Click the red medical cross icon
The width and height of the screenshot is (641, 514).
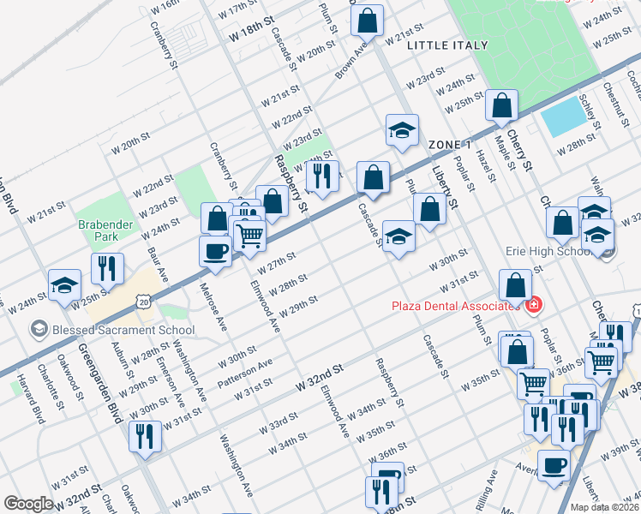click(533, 305)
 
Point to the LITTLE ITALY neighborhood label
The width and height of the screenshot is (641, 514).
click(447, 45)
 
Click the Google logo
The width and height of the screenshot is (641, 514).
click(27, 503)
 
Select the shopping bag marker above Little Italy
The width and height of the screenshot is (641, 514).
click(367, 21)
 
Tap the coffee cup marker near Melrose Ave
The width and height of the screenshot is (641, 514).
click(214, 250)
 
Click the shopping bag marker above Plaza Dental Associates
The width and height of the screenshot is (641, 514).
click(517, 285)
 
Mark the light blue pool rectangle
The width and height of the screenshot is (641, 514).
click(561, 117)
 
